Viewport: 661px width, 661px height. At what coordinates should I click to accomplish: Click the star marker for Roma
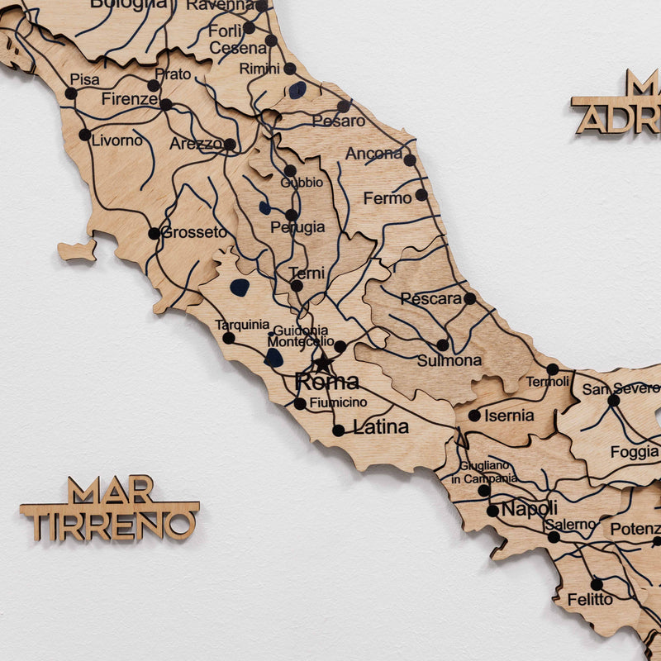(322, 363)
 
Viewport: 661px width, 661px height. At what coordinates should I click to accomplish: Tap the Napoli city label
(529, 508)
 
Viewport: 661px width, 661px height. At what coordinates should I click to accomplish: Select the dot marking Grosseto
(154, 233)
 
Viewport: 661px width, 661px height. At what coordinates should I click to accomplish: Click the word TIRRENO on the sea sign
(109, 524)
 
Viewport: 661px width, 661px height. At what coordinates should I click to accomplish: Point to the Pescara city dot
(469, 298)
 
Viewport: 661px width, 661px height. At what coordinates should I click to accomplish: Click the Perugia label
(297, 227)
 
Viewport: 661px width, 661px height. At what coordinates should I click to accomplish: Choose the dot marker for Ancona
(410, 159)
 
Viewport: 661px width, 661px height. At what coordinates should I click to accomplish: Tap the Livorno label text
(117, 140)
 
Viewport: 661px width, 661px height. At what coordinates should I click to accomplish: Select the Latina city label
(381, 427)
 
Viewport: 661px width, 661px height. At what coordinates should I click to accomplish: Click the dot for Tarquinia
(228, 338)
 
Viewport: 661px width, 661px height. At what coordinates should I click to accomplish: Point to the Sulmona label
(449, 360)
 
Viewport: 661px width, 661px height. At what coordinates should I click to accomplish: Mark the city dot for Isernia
(474, 416)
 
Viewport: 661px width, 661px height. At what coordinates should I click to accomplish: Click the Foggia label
(635, 452)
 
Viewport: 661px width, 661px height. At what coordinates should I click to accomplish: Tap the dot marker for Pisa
(71, 93)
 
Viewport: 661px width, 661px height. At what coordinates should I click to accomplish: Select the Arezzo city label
(197, 144)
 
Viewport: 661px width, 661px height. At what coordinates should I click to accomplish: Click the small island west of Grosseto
(78, 250)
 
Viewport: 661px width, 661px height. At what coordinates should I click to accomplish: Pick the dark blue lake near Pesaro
(297, 89)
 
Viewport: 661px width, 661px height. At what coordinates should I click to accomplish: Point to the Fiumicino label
(339, 402)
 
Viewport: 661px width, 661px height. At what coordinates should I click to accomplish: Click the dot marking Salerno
(554, 537)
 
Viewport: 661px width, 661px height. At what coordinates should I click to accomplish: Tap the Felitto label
(590, 599)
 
